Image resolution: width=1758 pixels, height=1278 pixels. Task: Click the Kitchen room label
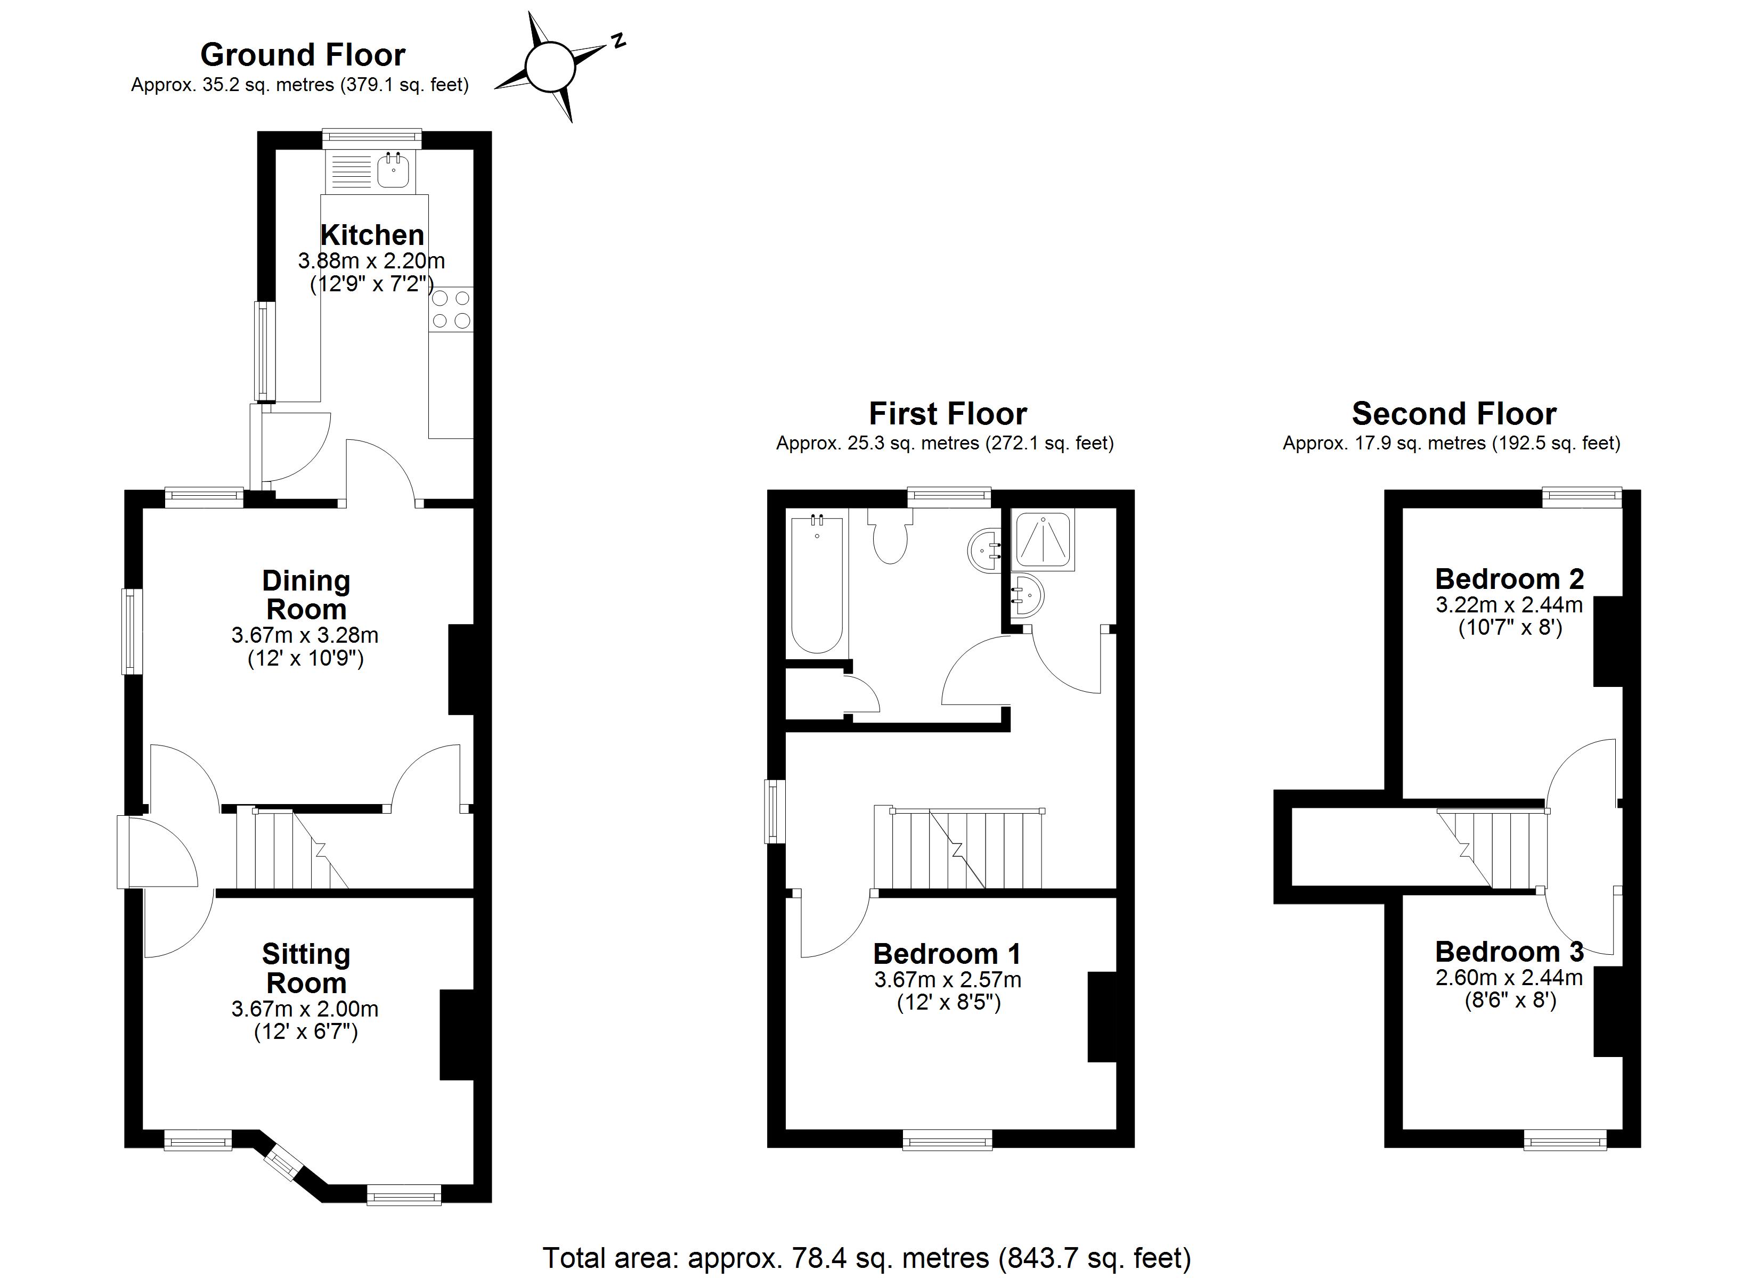[x=372, y=235]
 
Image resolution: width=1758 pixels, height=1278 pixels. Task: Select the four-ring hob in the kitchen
[x=450, y=309]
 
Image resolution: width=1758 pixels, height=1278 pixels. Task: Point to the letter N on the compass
[x=618, y=41]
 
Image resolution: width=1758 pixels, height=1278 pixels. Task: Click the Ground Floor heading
[x=302, y=55]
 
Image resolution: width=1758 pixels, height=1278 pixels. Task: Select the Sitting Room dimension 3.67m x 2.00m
[x=305, y=1009]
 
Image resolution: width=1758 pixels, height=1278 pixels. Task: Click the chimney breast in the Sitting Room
[x=457, y=1034]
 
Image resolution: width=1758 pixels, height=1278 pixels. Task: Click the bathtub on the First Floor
[x=816, y=584]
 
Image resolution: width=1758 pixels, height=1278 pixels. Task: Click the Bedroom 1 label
[x=947, y=954]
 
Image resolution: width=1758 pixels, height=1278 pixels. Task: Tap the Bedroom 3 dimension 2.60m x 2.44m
[x=1508, y=978]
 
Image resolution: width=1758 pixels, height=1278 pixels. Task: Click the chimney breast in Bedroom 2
[x=1608, y=641]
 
